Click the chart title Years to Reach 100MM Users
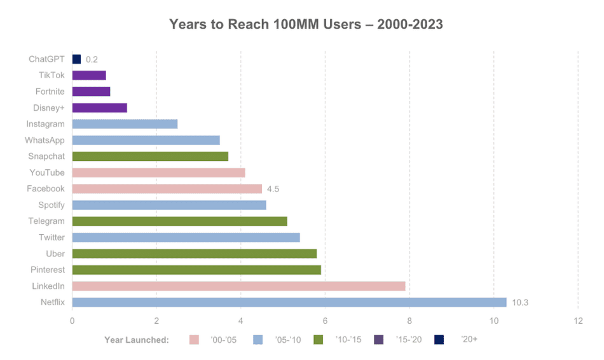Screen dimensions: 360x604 point(306,24)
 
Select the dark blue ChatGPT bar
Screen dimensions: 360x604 point(76,59)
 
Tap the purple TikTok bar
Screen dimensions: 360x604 point(89,75)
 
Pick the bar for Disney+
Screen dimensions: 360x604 point(99,107)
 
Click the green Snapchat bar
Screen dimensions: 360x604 point(150,156)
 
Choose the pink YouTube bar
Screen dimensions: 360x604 point(158,172)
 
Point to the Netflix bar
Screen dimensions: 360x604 point(289,302)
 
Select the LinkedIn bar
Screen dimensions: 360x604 point(238,286)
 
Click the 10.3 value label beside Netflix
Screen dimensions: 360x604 point(520,302)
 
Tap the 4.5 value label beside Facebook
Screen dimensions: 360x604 point(273,189)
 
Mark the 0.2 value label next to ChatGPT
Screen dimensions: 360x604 point(92,59)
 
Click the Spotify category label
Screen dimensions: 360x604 point(51,205)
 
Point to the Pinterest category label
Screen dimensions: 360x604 point(48,270)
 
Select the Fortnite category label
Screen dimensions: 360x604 point(50,92)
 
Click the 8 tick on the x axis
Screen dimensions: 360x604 point(409,321)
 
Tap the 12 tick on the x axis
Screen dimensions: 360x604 point(577,321)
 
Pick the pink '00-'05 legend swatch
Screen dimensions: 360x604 point(195,340)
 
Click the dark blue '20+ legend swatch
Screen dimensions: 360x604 point(439,340)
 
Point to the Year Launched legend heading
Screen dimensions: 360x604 point(137,340)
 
